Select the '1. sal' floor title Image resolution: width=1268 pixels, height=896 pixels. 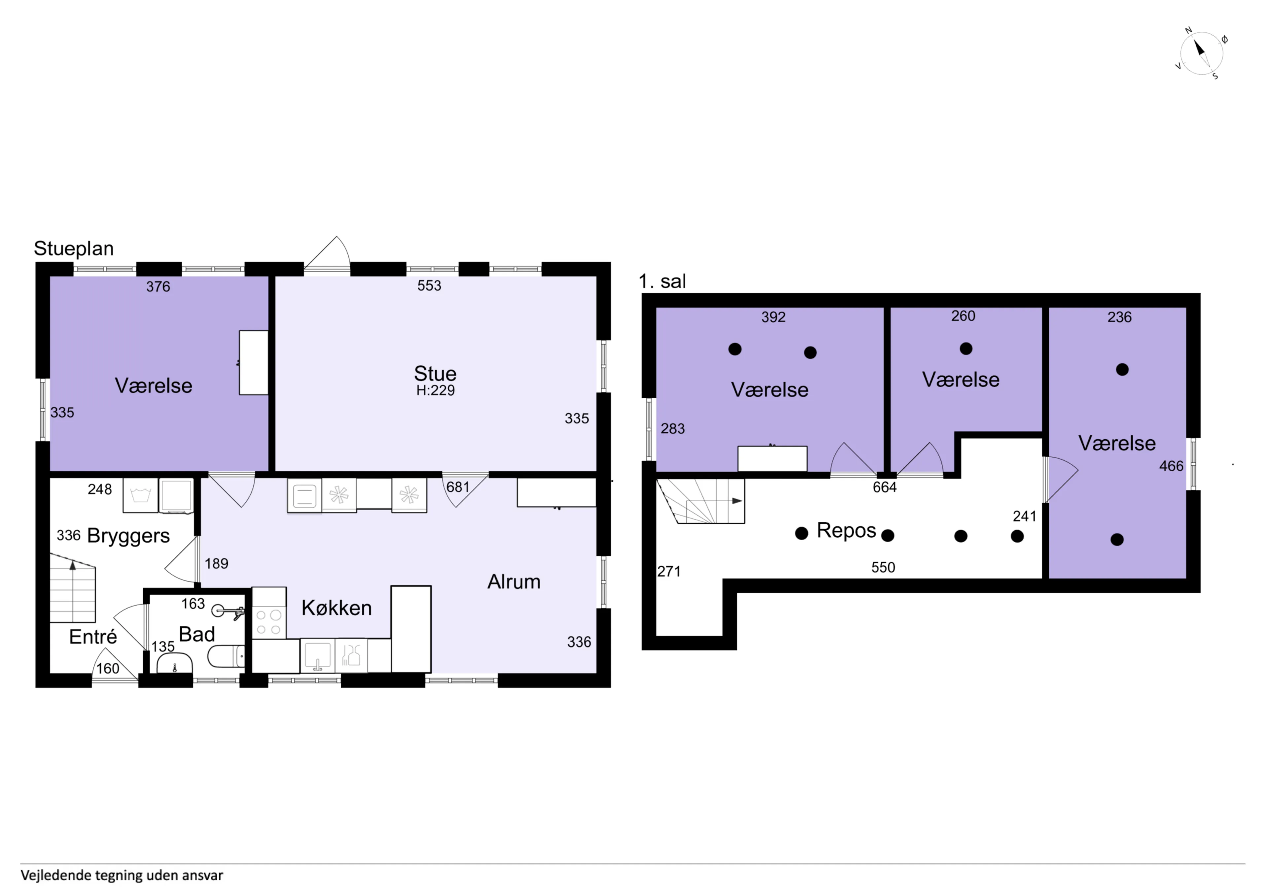[662, 282]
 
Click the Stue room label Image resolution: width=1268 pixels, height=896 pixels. [435, 374]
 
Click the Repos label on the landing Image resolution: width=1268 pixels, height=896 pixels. [846, 531]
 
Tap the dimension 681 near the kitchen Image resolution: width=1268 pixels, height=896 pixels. [457, 487]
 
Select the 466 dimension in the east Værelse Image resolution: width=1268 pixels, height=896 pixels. [1171, 467]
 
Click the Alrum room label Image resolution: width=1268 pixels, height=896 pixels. [513, 582]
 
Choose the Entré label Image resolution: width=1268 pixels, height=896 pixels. [93, 637]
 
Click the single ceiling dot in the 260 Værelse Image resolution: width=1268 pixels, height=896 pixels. [966, 348]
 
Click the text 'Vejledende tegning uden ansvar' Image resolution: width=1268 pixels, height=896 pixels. [122, 876]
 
